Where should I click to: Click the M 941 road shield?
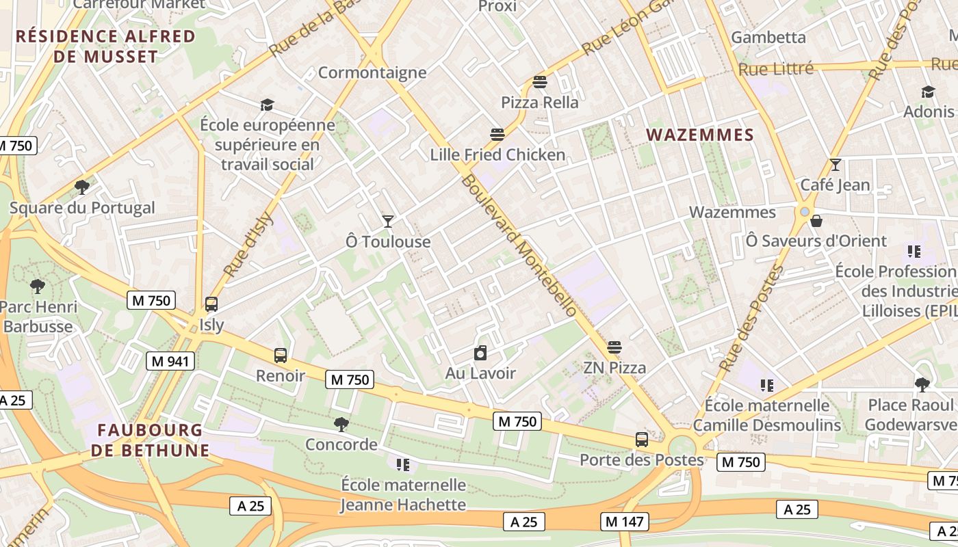pos(170,361)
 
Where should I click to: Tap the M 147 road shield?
pos(625,522)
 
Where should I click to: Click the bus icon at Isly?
pos(211,304)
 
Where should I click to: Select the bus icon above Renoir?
pos(281,356)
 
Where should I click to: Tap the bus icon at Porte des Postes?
pos(641,440)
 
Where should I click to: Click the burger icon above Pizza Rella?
pos(540,83)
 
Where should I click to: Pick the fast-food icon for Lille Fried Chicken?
pos(497,135)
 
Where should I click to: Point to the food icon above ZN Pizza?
pos(614,347)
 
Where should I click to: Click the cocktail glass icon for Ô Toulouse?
pos(388,221)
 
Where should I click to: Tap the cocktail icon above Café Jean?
pos(835,165)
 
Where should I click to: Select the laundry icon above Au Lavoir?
pos(480,353)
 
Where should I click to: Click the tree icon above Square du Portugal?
pos(82,187)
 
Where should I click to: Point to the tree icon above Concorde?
pos(341,425)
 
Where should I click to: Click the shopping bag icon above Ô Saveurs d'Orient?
pos(816,221)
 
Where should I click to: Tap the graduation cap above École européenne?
pos(267,105)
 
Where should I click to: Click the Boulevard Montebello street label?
pos(519,246)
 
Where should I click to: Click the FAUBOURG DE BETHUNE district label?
pos(150,440)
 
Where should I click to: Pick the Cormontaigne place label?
pos(372,72)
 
